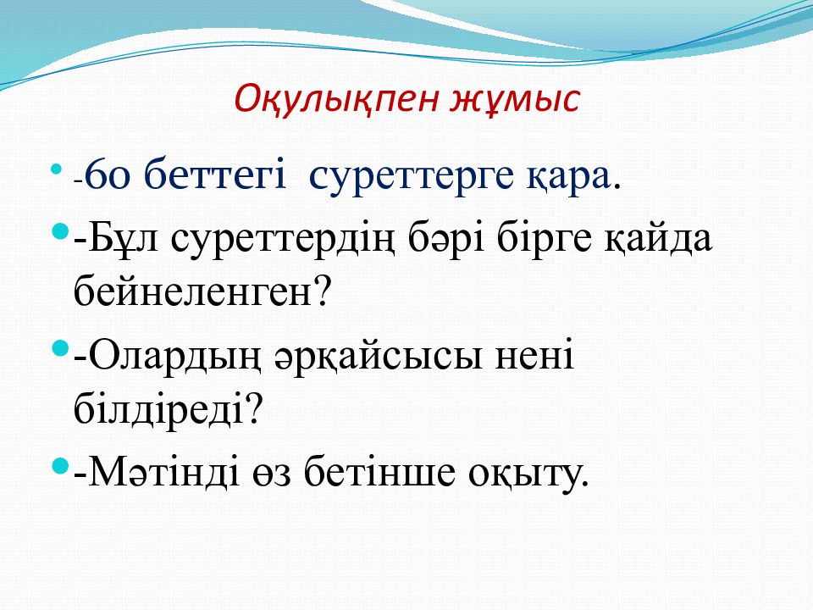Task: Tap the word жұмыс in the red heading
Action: pos(514,99)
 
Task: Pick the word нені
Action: pos(534,355)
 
